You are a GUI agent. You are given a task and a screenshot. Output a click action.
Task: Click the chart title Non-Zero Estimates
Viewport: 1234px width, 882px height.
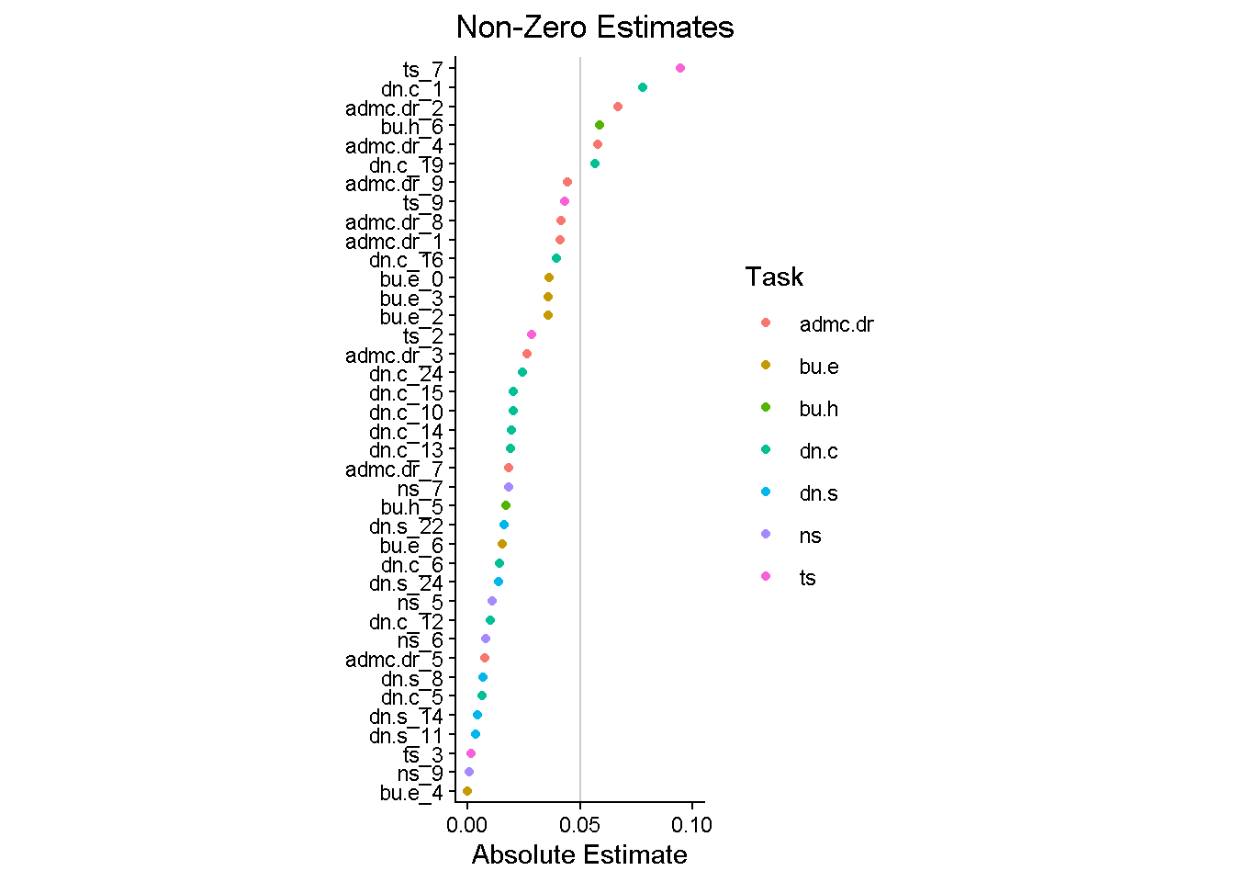[595, 28]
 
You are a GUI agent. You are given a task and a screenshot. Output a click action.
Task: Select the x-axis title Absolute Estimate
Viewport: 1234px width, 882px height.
[579, 855]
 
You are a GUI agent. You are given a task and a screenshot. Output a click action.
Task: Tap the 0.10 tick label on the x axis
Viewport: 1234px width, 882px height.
[691, 825]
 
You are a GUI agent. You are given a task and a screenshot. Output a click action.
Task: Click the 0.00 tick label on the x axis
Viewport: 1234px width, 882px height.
[468, 825]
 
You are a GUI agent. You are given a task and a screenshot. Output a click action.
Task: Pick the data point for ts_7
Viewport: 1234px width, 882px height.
[680, 68]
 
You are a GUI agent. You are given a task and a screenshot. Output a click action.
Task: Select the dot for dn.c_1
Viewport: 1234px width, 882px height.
[643, 87]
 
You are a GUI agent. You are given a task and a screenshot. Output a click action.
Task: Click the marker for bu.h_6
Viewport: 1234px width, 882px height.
[600, 125]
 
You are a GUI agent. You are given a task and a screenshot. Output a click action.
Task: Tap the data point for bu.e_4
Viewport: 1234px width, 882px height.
[467, 791]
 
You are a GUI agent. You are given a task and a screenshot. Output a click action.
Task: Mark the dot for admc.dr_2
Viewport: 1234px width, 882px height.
[618, 107]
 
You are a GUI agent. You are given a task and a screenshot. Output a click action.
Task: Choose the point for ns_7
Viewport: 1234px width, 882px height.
[509, 487]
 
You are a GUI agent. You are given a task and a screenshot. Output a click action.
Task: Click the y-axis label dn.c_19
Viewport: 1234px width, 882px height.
[406, 165]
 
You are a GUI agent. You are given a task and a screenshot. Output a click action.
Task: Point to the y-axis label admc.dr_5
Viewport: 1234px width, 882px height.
[394, 660]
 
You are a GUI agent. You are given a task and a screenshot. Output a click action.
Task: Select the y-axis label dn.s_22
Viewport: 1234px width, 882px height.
[406, 526]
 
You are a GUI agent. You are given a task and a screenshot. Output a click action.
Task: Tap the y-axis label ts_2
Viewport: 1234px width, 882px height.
[422, 336]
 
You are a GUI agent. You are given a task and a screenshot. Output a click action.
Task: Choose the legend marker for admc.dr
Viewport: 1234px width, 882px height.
[766, 323]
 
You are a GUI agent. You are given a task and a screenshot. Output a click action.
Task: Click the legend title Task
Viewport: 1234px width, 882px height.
[774, 277]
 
